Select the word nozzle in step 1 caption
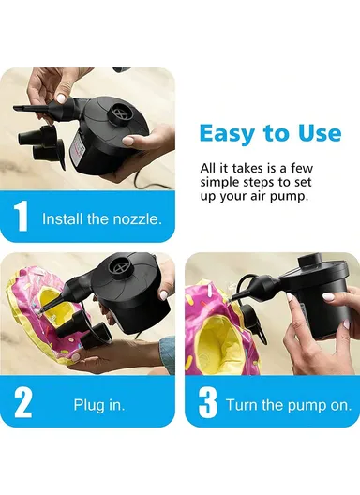click(138, 219)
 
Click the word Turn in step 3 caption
click(242, 405)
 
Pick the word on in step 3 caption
click(343, 405)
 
